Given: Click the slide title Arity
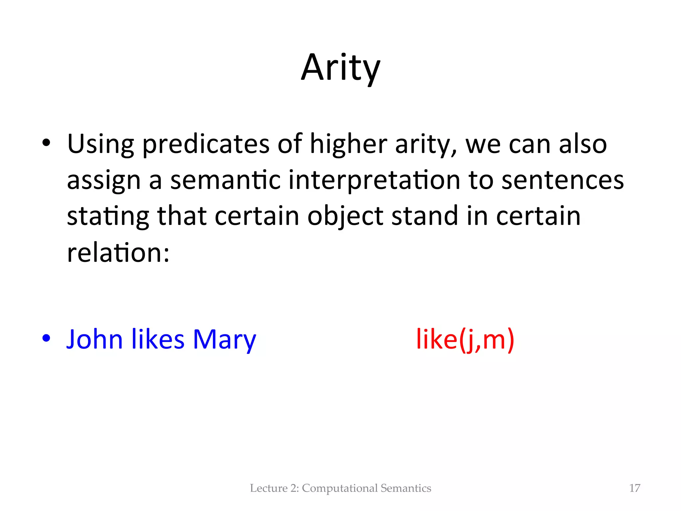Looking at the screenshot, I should (x=340, y=68).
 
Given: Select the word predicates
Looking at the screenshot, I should (x=206, y=145).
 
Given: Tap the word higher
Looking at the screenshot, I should (x=348, y=145).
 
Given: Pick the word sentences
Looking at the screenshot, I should (x=562, y=180).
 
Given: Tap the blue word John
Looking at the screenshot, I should (x=95, y=339).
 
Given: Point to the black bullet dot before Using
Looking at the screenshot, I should (x=46, y=143).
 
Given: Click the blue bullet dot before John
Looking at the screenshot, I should (x=46, y=338).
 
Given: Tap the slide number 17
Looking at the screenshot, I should (x=634, y=488).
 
